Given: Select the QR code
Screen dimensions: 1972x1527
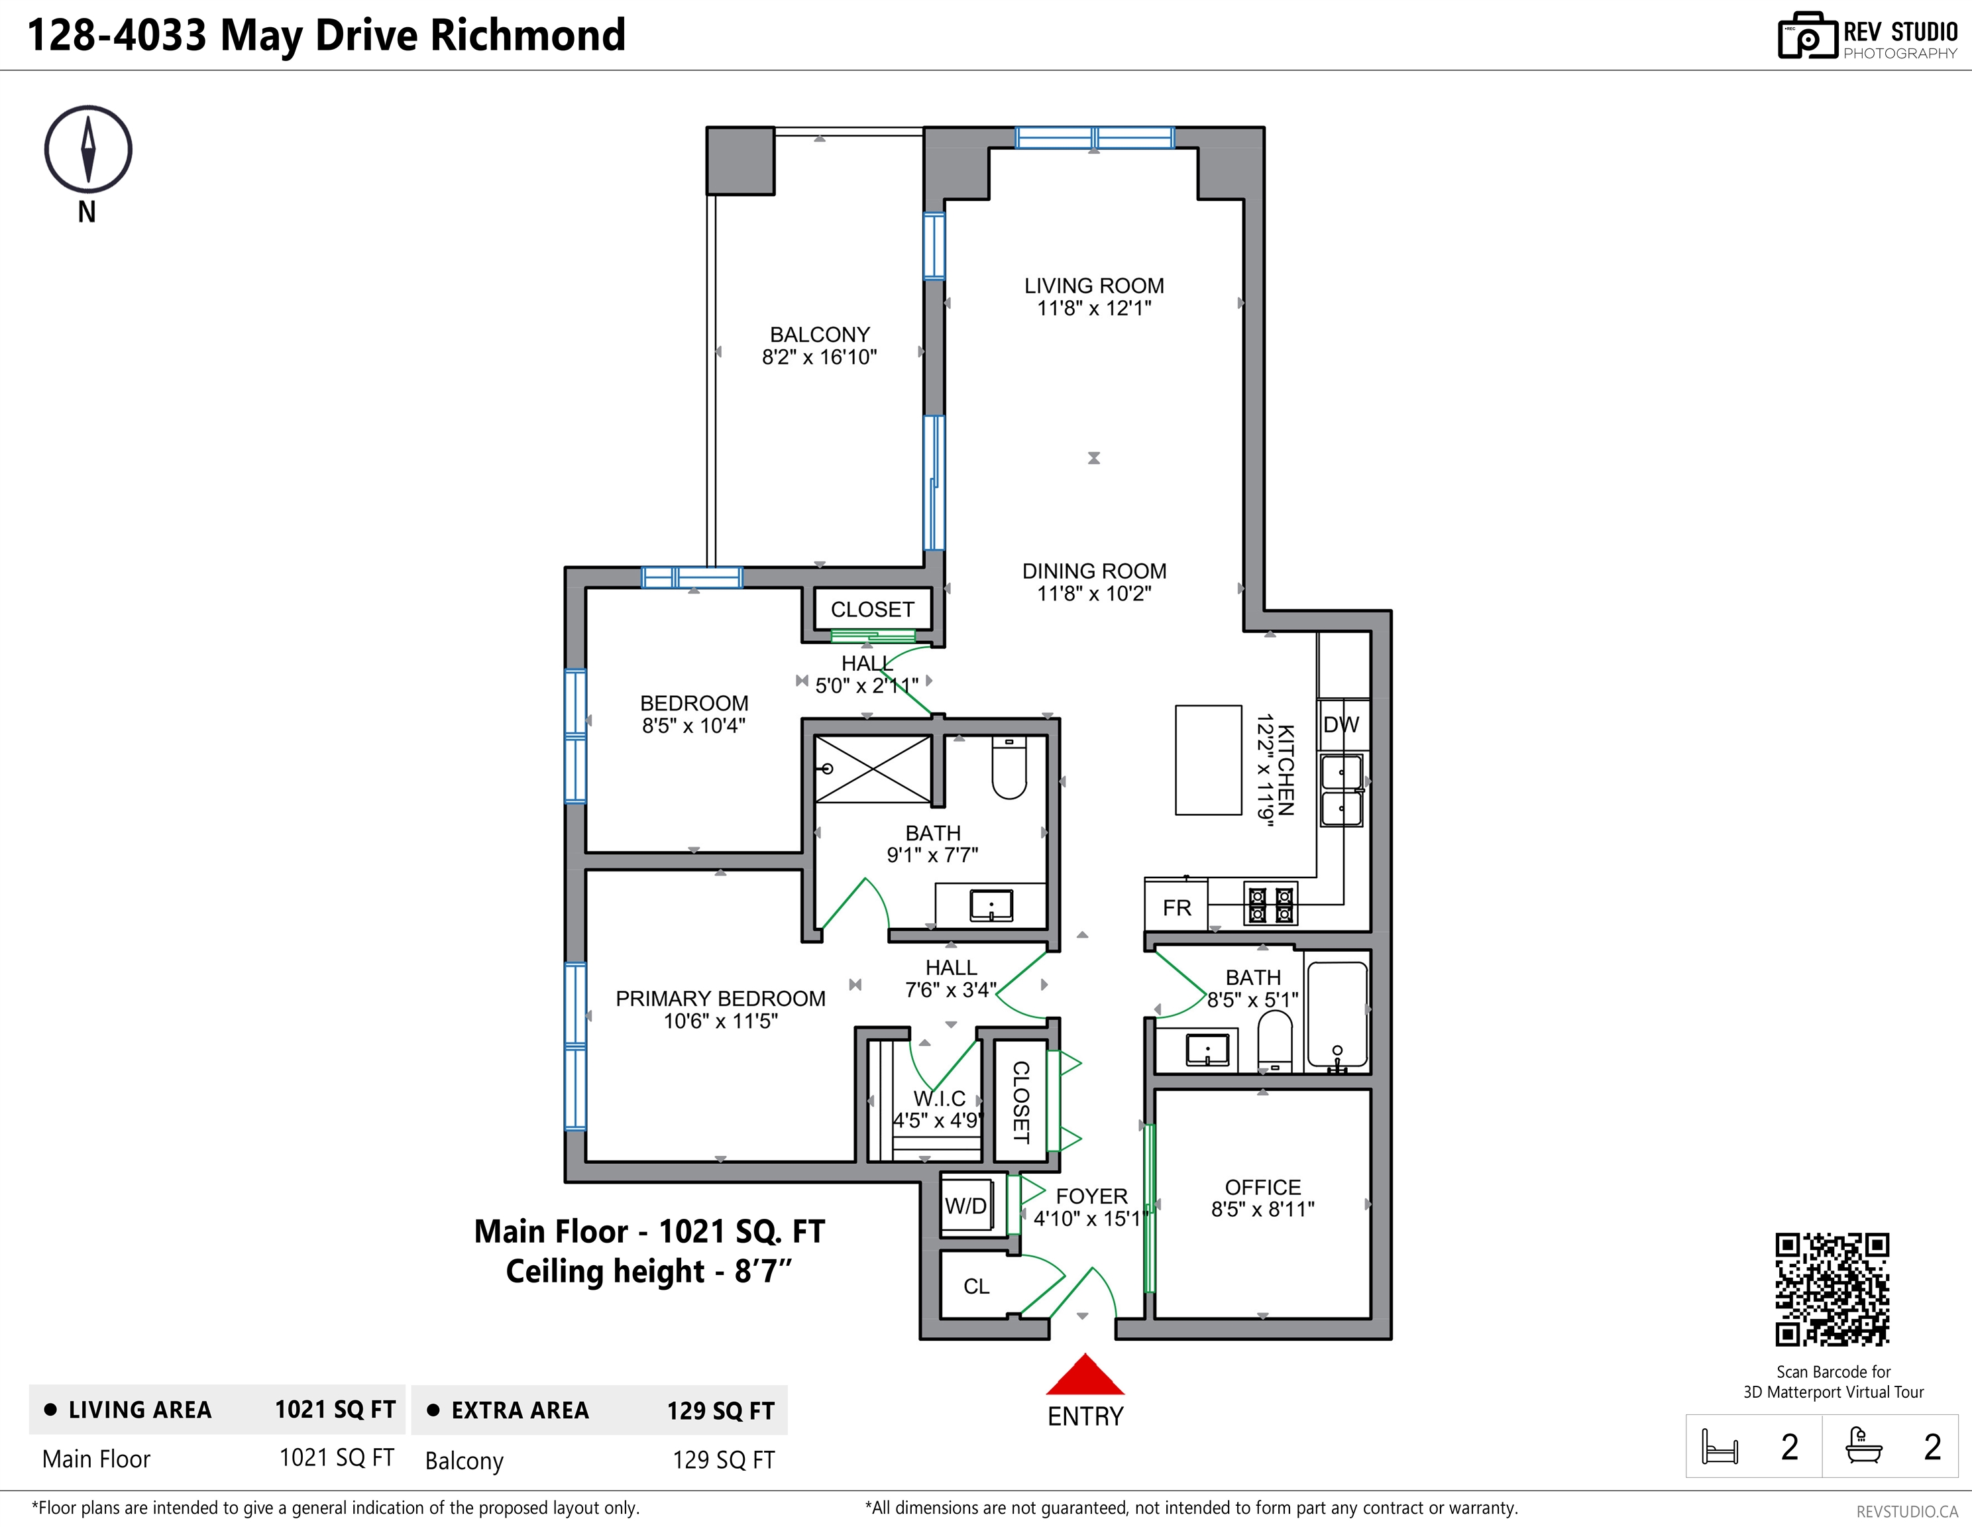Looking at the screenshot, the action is (1832, 1290).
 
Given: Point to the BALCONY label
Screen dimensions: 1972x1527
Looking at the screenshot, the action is (819, 334).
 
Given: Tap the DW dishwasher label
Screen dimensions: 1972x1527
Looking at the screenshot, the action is (1341, 724).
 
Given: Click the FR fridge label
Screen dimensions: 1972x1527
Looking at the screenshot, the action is (1177, 907).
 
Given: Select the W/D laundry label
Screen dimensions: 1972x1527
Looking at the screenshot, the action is (965, 1206).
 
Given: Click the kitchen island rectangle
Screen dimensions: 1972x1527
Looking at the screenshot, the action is (1208, 760).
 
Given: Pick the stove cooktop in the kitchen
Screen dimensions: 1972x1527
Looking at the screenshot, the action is (1270, 904).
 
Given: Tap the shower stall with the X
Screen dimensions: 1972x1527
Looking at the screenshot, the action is (872, 768).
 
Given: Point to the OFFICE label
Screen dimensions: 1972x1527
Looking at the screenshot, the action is (1262, 1188).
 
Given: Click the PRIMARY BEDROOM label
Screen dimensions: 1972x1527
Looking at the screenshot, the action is (720, 999).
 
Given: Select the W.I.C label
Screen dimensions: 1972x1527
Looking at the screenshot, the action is (939, 1099).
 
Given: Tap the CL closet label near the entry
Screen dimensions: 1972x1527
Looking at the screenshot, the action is (976, 1286).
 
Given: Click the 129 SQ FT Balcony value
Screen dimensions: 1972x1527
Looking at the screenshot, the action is (723, 1460).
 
